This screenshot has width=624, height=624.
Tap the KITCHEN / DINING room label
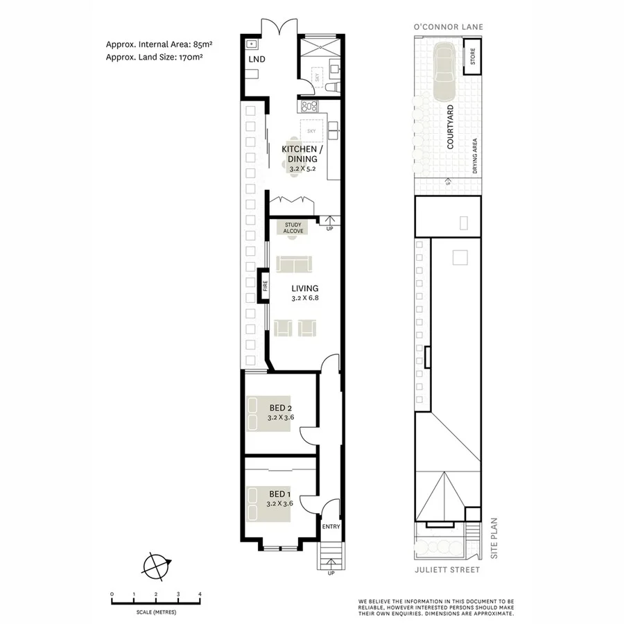coord(300,154)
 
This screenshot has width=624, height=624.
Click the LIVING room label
coord(305,288)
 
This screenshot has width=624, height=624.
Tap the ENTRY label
coord(331,527)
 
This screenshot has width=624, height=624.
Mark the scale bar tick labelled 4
coord(200,594)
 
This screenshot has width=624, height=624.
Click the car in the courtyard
coord(442,70)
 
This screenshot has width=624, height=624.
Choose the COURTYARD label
coord(450,128)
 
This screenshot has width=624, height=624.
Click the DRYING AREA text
coord(475,156)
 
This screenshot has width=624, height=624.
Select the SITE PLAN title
coord(495,541)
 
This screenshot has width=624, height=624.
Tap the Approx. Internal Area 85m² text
coord(159,44)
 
